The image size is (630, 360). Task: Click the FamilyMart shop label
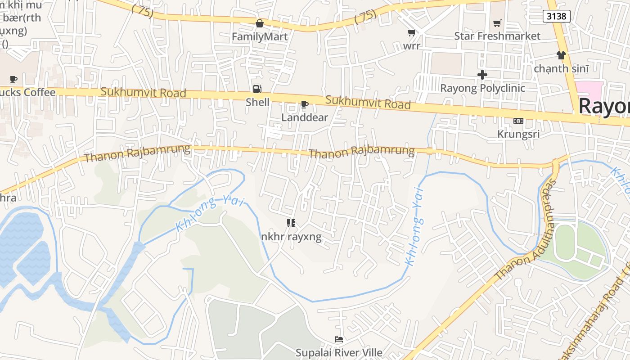coord(260,36)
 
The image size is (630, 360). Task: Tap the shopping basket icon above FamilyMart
coord(260,23)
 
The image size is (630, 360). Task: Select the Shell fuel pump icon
coord(257,89)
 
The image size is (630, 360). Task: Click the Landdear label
coord(305,117)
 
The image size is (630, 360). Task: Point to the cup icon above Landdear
coord(305,105)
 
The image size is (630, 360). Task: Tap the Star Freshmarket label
coord(497,36)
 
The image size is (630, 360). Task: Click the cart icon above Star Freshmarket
coord(497,23)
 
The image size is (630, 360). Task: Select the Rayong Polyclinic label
coord(482,88)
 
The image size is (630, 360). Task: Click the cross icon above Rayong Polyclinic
coord(482,75)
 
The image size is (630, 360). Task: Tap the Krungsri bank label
coord(518,134)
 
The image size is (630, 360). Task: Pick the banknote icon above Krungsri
coord(518,121)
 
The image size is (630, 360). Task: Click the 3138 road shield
coord(557,16)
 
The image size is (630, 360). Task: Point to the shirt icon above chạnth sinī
coord(561,55)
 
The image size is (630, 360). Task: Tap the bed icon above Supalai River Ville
coord(339,339)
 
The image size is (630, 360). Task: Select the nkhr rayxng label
coord(292,236)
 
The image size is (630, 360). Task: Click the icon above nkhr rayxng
coord(291,223)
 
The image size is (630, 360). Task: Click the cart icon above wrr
coord(411,33)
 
